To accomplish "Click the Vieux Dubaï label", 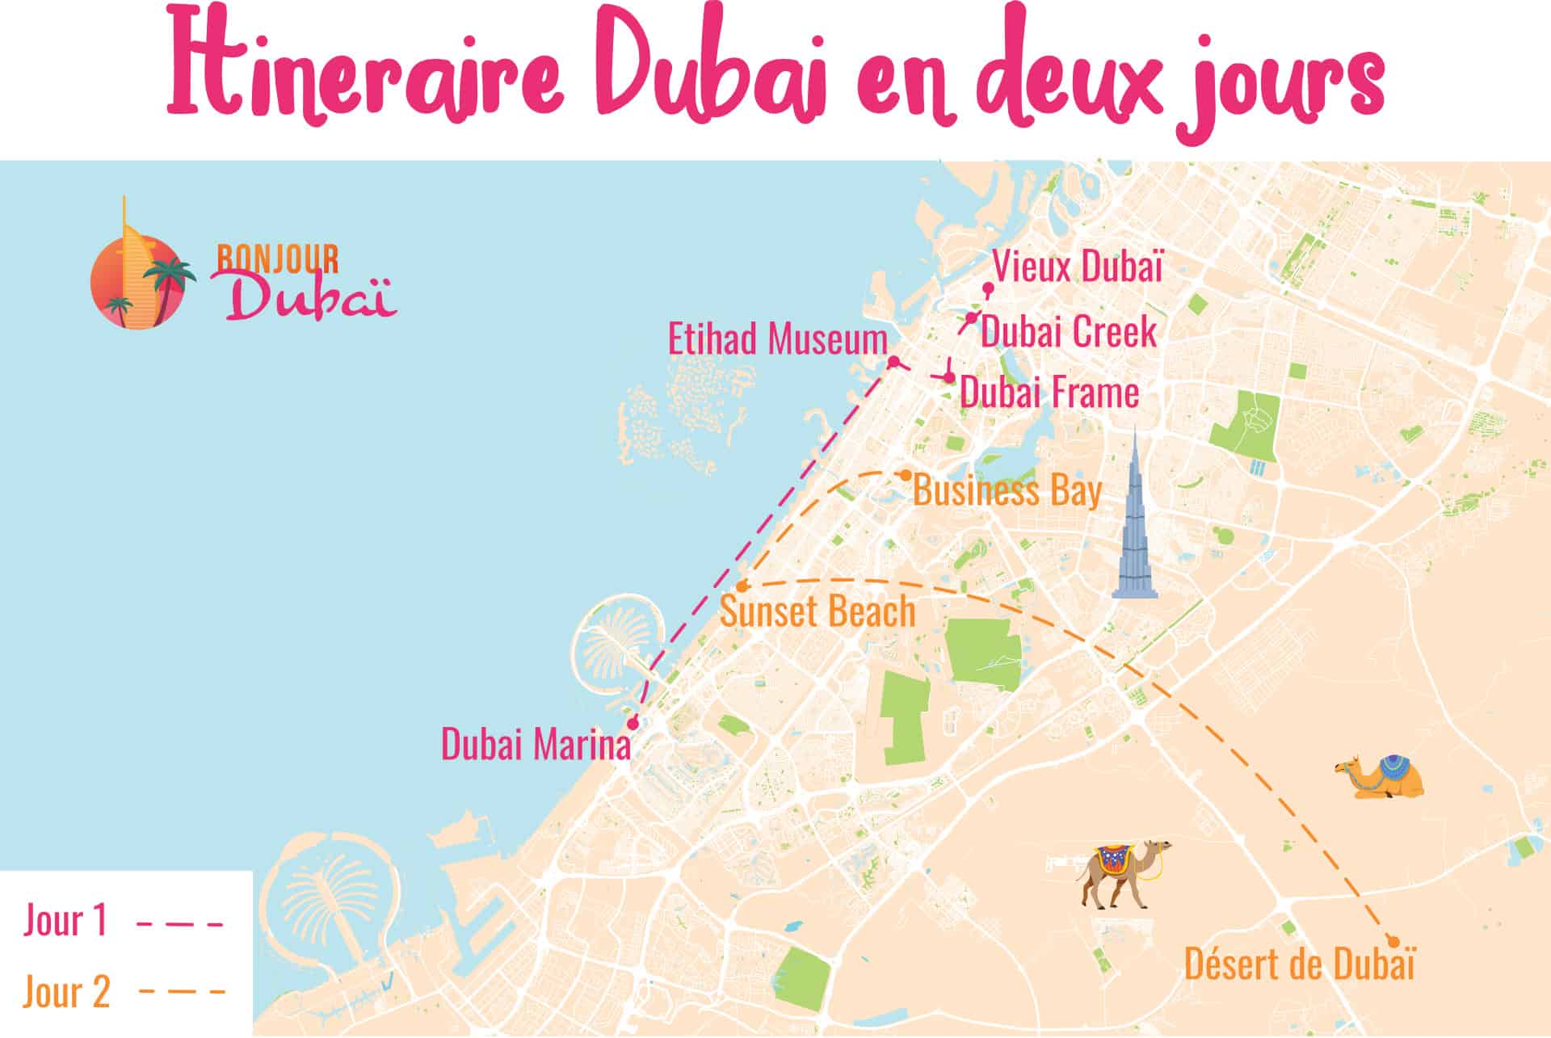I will click(1078, 267).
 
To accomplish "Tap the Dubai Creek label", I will click(1068, 332).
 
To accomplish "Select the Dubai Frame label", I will click(1049, 393).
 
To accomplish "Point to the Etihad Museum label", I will click(777, 339).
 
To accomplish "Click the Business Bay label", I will click(1007, 491).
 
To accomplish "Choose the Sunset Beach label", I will click(817, 611).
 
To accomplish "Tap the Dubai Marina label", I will click(536, 745).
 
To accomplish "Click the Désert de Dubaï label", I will click(1299, 965).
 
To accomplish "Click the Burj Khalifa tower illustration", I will click(1134, 525).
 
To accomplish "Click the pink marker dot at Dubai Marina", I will click(633, 723).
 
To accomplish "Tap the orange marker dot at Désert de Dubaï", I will click(1392, 940).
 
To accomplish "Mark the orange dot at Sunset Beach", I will click(742, 586).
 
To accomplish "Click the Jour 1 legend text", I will click(65, 921).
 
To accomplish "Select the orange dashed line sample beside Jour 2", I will click(181, 990).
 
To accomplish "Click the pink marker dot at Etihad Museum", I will click(894, 361).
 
